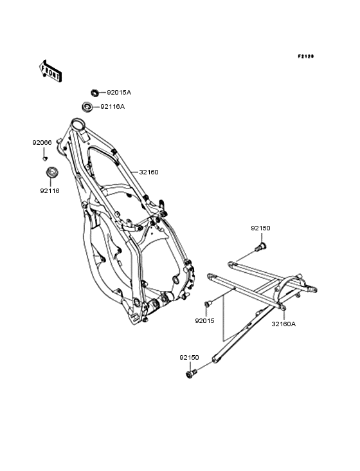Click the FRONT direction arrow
point(50,71)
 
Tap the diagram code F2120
point(306,56)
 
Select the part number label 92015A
point(119,93)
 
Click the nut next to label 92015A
point(95,92)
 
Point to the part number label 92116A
point(113,107)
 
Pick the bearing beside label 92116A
point(87,107)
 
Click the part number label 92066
point(42,143)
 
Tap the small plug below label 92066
point(45,158)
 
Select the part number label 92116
point(50,190)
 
